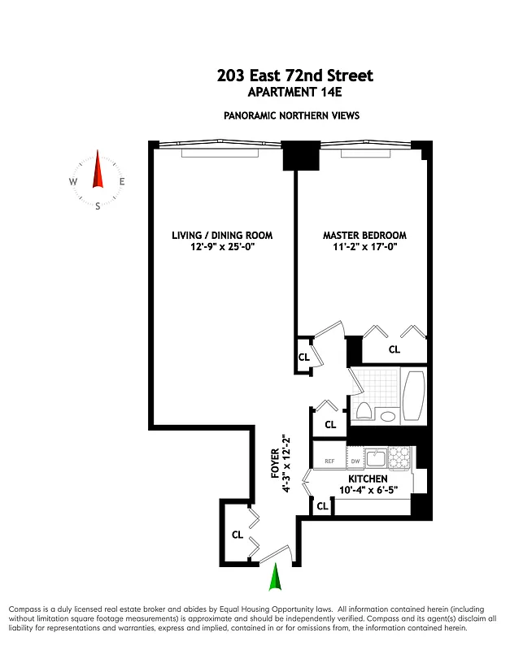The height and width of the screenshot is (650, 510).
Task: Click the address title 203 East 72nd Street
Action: click(x=295, y=76)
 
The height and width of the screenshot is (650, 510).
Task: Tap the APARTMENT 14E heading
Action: click(x=295, y=93)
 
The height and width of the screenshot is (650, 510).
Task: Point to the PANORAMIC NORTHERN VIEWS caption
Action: click(x=291, y=116)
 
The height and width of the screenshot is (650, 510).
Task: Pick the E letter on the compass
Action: click(x=122, y=182)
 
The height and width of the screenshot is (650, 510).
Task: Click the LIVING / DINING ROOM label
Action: click(x=222, y=236)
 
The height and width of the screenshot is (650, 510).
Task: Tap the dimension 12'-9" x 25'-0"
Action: click(x=222, y=247)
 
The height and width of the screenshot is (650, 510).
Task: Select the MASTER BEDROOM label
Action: click(x=364, y=236)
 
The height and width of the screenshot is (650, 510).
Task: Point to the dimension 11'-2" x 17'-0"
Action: click(x=364, y=247)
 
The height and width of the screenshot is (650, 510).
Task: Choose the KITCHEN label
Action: click(x=368, y=479)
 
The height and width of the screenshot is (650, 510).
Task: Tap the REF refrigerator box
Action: click(x=329, y=461)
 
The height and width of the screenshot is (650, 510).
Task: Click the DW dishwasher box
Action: click(x=355, y=461)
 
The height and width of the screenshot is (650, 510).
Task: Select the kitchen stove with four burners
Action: click(x=399, y=458)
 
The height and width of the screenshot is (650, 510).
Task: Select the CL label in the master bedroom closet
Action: click(x=394, y=350)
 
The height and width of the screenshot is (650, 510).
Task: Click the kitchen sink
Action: click(x=375, y=457)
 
